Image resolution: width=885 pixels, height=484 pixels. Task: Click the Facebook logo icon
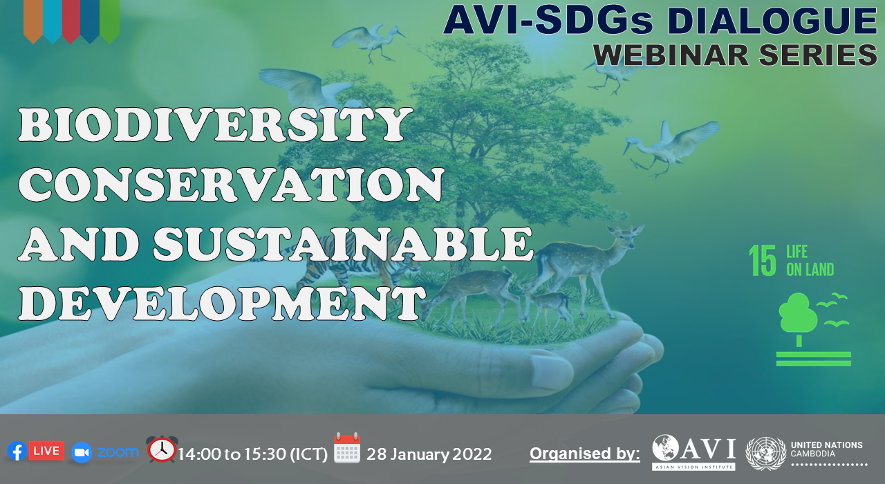[17, 451]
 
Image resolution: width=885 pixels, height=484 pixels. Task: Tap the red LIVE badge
[46, 450]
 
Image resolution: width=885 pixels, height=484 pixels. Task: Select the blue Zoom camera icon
[82, 452]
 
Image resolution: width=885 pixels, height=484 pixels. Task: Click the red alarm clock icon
[162, 449]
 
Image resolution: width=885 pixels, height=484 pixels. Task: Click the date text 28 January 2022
[429, 454]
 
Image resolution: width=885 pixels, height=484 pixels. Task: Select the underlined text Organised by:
[585, 454]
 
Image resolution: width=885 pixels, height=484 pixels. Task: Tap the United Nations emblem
[765, 453]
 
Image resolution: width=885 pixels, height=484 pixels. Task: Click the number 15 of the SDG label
[763, 261]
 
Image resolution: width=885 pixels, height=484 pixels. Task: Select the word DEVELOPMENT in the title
[222, 303]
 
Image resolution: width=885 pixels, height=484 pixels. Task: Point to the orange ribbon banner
[33, 21]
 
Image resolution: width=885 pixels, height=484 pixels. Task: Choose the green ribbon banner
[109, 21]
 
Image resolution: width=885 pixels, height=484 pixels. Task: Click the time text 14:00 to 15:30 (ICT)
[253, 454]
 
